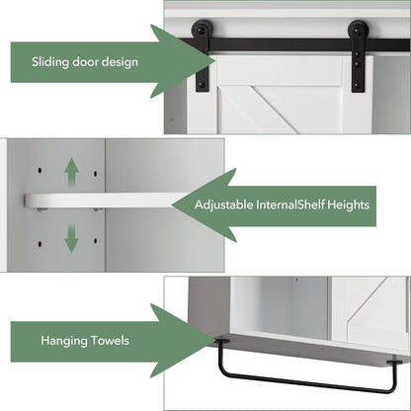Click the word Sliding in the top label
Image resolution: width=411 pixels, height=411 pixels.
[x=50, y=62]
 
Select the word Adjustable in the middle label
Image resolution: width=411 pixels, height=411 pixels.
[x=223, y=205]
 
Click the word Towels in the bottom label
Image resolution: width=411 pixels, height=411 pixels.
[x=110, y=341]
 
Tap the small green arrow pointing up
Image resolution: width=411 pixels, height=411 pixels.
[x=71, y=172]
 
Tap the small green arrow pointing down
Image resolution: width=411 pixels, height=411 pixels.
[x=71, y=238]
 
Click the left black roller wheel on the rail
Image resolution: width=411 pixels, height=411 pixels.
[x=201, y=30]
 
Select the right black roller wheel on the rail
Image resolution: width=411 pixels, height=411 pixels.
[x=359, y=30]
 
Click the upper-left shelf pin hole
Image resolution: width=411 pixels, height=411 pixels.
[x=40, y=171]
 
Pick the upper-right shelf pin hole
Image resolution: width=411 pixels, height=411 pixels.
[x=96, y=173]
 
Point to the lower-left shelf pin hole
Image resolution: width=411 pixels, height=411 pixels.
[x=40, y=244]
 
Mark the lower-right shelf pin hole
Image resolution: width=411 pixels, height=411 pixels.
[x=96, y=241]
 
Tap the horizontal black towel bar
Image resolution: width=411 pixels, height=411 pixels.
[x=306, y=383]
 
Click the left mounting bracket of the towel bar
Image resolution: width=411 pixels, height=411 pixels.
[x=221, y=341]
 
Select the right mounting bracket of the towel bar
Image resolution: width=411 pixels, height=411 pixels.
[x=394, y=363]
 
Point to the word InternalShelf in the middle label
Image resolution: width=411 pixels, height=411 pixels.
[x=290, y=205]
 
